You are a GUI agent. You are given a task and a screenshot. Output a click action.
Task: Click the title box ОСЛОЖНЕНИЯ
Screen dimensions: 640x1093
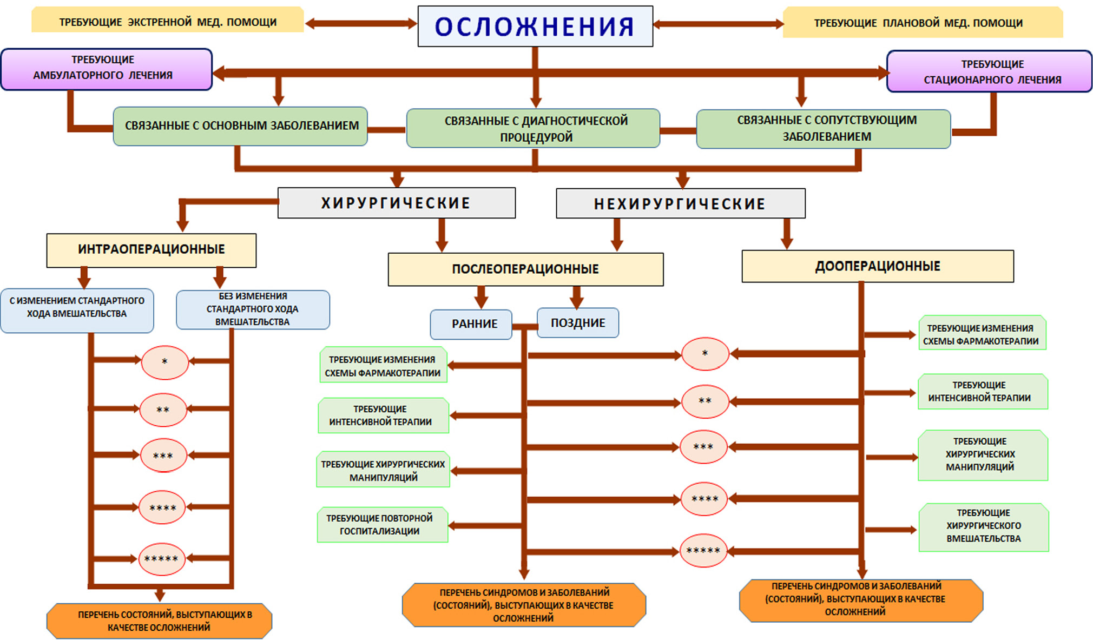535,27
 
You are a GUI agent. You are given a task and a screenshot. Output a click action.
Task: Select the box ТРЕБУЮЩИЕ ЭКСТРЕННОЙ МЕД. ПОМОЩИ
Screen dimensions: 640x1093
168,22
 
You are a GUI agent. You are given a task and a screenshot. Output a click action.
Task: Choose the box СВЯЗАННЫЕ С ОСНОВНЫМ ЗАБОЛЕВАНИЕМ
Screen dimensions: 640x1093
241,126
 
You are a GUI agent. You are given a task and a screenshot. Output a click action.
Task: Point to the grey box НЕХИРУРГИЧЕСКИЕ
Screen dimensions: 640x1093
680,204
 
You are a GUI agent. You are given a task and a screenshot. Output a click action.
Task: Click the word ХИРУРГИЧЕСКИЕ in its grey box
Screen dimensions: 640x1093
396,203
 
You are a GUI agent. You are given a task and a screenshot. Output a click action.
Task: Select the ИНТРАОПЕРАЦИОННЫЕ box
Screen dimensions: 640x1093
152,249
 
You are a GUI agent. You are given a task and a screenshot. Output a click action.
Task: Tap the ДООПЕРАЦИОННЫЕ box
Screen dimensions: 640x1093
877,266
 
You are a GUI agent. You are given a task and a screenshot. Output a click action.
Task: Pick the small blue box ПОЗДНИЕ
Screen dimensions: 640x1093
578,323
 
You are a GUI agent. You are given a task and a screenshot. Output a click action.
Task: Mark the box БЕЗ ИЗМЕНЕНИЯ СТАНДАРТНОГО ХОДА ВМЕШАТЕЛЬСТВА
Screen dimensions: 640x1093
252,309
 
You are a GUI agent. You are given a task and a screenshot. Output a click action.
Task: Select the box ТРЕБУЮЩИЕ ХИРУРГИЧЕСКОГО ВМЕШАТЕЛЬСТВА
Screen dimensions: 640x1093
983,526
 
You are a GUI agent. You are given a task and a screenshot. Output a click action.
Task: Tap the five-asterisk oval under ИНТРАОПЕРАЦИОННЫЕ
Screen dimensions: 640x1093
162,559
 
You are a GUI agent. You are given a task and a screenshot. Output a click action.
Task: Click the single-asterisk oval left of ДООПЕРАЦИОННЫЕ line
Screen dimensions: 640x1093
704,354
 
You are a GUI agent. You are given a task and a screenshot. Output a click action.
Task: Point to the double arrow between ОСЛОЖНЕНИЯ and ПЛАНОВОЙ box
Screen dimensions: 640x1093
718,24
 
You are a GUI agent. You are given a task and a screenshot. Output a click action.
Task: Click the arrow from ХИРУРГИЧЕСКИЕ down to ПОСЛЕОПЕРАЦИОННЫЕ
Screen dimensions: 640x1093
442,235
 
